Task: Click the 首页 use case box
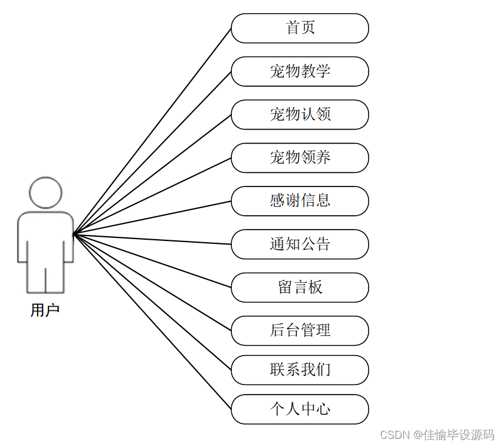[300, 28]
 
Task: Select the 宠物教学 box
[300, 71]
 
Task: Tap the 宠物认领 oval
[300, 114]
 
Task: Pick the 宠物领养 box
[300, 157]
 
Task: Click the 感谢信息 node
[300, 200]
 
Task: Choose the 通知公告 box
[300, 244]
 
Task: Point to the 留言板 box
[300, 287]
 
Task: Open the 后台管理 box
[300, 330]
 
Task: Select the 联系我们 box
[300, 369]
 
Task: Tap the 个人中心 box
[300, 409]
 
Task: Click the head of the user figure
[45, 193]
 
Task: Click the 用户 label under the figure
[45, 311]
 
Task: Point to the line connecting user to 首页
[152, 131]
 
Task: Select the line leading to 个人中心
[152, 322]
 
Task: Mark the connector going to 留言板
[152, 261]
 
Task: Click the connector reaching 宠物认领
[152, 174]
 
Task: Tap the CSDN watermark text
[437, 435]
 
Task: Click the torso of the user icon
[45, 236]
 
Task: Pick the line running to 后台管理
[152, 282]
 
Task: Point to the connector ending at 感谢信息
[152, 217]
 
